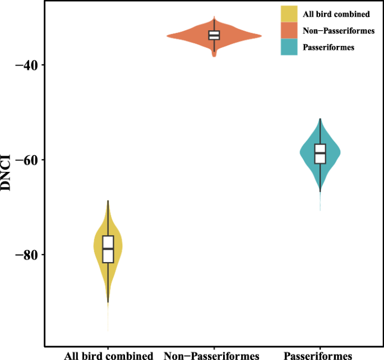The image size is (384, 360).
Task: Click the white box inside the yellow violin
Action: (108, 249)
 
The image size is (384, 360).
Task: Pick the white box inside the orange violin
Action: (214, 35)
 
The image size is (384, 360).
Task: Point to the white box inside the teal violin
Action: (320, 153)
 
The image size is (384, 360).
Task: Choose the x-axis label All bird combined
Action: (108, 355)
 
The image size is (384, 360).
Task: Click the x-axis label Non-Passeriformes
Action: (212, 355)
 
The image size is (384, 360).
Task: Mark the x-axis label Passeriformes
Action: (318, 355)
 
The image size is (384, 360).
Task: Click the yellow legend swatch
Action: (289, 13)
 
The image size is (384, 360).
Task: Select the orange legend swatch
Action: (289, 30)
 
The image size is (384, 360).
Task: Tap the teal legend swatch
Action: (289, 48)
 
